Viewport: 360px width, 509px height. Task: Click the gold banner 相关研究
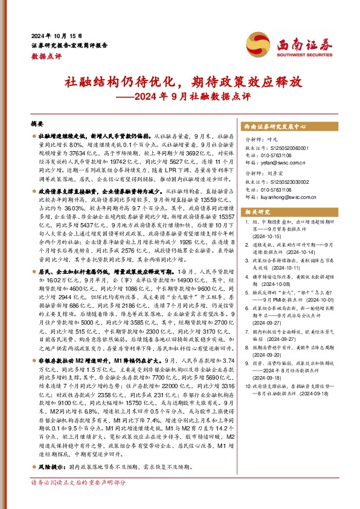[259, 211]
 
